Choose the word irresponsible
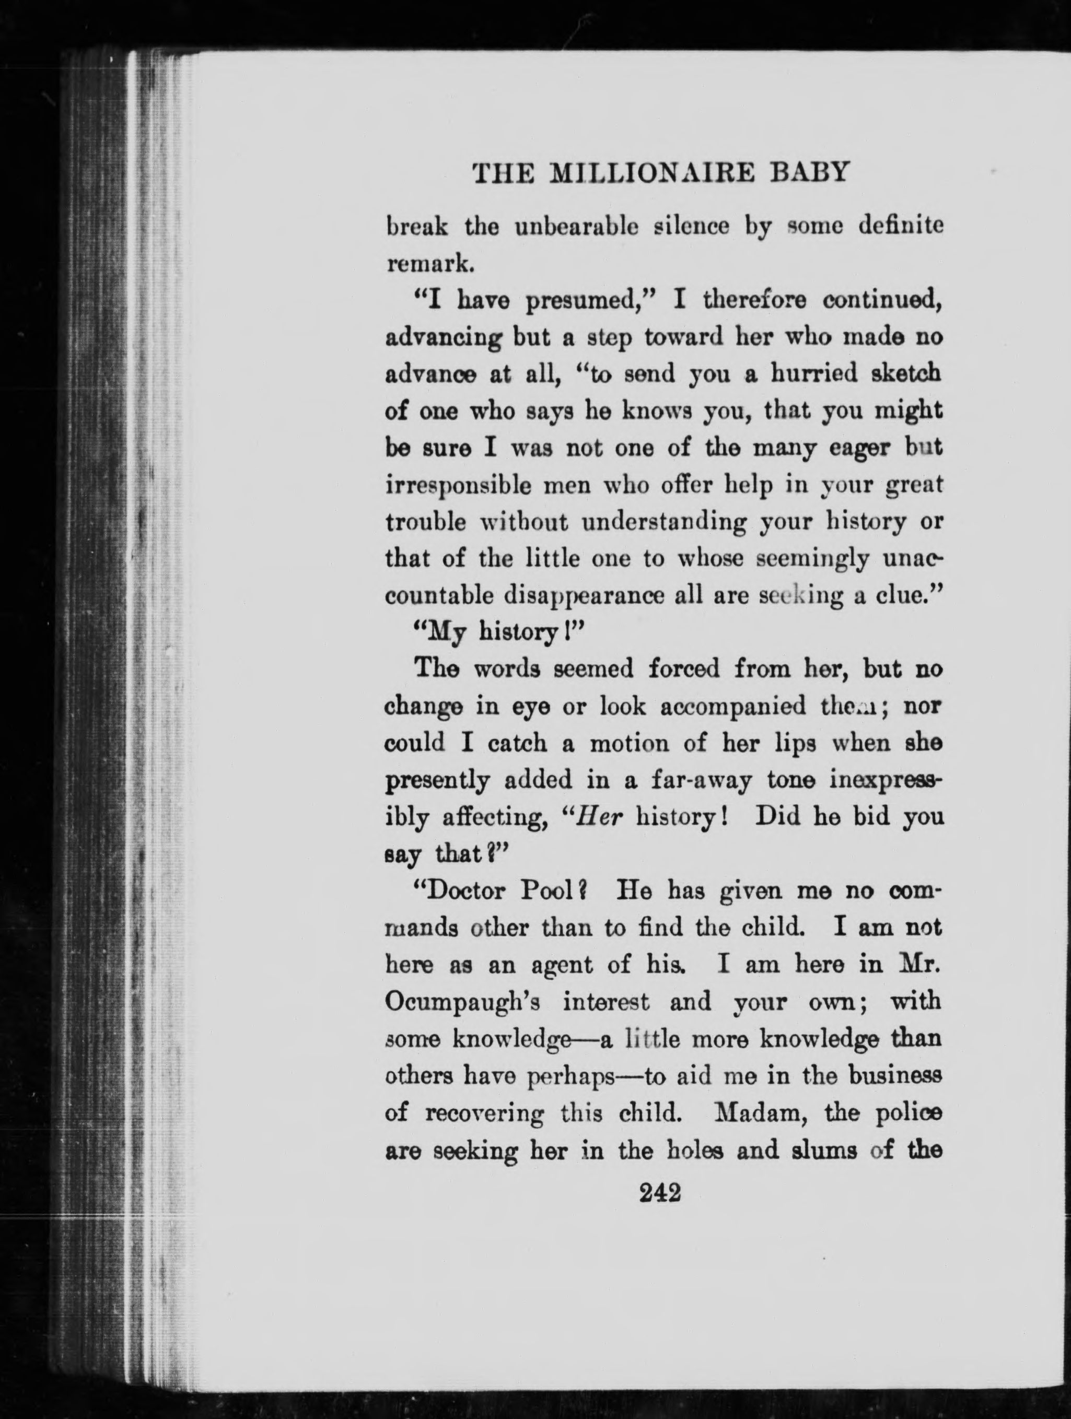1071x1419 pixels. pos(458,486)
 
